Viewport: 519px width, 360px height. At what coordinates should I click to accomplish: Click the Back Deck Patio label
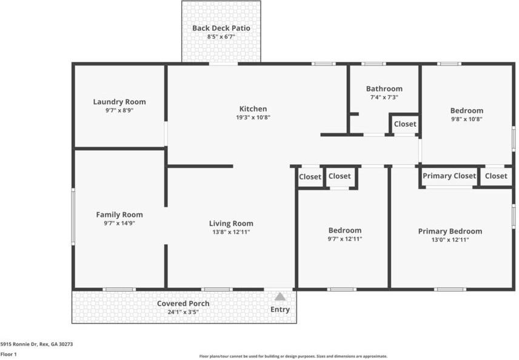(221, 28)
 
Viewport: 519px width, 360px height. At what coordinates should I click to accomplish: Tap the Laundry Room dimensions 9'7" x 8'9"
(119, 110)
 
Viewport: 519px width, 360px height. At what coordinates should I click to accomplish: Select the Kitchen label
(253, 109)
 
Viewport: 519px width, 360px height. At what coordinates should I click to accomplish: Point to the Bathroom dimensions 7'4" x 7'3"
(384, 98)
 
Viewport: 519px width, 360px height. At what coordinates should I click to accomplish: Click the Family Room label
(119, 215)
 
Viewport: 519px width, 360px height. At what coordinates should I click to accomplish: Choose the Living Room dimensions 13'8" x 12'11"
(231, 232)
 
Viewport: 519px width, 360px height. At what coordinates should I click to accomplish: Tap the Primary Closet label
(449, 176)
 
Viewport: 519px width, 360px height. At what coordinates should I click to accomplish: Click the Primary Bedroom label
(450, 232)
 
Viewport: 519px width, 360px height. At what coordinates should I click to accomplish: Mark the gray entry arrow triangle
(280, 296)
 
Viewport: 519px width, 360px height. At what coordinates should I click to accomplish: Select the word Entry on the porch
(280, 309)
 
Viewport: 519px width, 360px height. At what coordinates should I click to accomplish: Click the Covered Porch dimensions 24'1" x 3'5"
(183, 312)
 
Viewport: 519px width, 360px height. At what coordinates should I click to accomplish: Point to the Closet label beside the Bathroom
(405, 124)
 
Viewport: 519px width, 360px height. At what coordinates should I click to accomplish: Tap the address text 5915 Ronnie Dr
(19, 344)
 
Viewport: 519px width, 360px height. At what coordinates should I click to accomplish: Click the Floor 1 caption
(8, 355)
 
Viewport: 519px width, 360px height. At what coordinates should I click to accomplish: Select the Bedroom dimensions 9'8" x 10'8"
(467, 119)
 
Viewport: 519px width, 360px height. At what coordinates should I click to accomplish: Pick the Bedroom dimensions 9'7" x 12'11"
(345, 239)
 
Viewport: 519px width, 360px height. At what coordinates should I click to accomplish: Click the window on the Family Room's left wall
(73, 217)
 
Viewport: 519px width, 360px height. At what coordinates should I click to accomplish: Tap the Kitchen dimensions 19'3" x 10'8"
(253, 118)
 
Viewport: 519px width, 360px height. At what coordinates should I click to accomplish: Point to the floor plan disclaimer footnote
(293, 356)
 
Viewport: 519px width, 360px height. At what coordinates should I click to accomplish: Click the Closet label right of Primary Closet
(496, 176)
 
